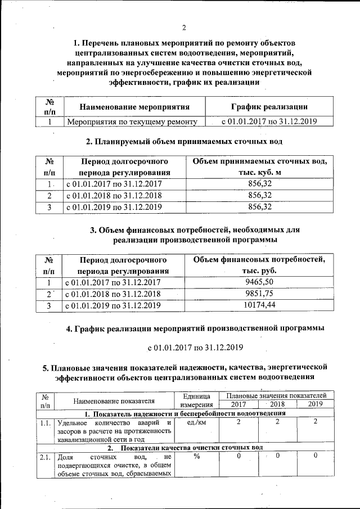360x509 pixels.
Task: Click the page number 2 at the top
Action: point(184,29)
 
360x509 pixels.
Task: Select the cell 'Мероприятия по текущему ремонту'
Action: point(132,121)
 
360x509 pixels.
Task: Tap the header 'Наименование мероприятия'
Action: point(134,106)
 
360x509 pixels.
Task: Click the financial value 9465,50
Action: point(259,282)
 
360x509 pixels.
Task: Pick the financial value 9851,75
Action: point(259,294)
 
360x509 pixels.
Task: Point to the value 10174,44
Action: point(259,305)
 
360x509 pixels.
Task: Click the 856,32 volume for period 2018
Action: point(259,195)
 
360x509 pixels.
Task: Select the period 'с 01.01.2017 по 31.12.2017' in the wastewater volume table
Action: point(114,183)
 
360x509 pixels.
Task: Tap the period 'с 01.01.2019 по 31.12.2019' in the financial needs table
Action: point(114,305)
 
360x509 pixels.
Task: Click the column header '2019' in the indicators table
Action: point(315,404)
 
